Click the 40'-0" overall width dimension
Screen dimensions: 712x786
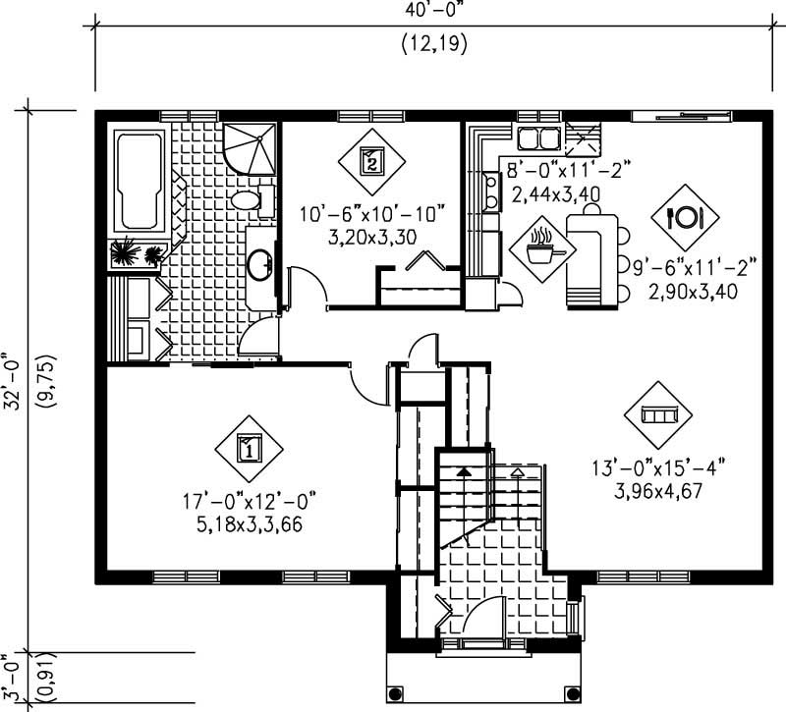433,13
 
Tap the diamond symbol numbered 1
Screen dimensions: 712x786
250,450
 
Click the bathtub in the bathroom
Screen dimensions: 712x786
139,182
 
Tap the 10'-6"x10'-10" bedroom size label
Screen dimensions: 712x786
372,213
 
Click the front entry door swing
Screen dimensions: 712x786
483,620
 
